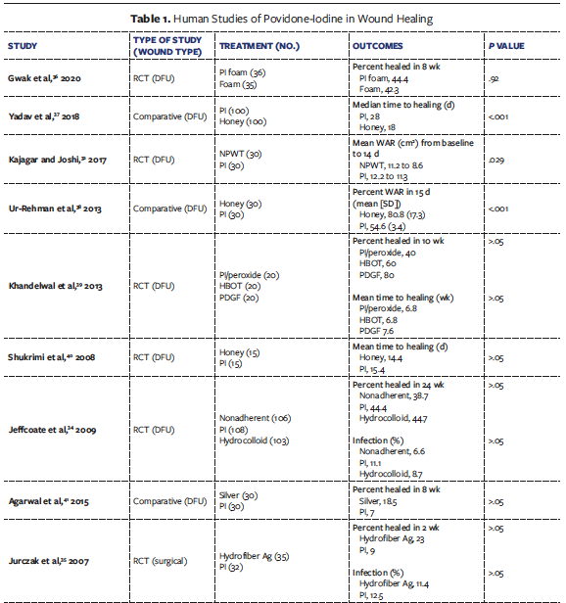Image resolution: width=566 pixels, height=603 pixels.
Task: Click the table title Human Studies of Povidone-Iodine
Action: (283, 20)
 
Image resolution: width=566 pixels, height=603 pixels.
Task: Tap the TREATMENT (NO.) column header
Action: (259, 46)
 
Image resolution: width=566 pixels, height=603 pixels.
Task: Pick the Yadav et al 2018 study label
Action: (48, 116)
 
